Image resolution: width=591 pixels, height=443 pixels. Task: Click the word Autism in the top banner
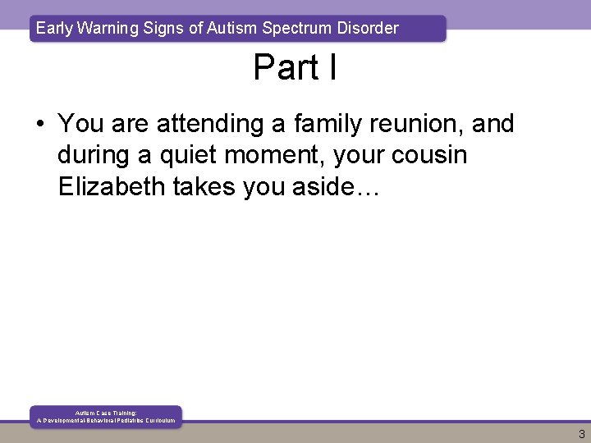tap(232, 28)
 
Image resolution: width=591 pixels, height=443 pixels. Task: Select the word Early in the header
tap(53, 28)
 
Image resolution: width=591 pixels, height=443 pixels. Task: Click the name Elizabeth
tap(112, 186)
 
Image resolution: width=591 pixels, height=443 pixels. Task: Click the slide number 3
tap(581, 435)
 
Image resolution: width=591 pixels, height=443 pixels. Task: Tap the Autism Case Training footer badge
tap(106, 416)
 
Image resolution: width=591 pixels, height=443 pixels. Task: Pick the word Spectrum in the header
tap(296, 28)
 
